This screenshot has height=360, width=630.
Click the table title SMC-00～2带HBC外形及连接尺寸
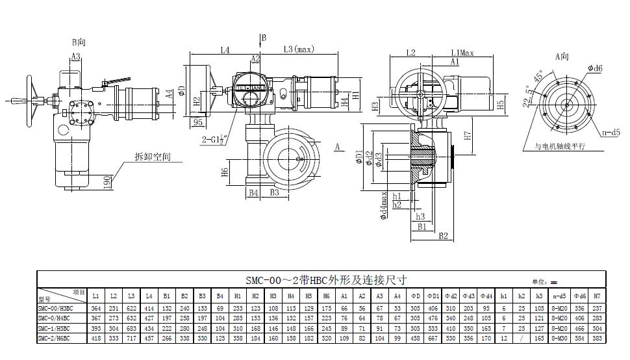click(x=325, y=281)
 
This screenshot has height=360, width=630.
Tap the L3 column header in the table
click(x=132, y=296)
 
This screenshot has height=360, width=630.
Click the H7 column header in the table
click(x=597, y=296)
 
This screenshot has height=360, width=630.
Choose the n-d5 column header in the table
click(x=556, y=296)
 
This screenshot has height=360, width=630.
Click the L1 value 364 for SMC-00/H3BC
click(x=96, y=308)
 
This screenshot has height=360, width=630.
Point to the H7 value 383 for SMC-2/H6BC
click(x=597, y=338)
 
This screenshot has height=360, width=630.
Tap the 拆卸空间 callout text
click(x=151, y=157)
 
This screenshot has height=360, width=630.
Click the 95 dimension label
click(x=197, y=122)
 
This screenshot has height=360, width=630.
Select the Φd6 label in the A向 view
click(x=595, y=68)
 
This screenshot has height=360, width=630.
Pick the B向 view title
click(x=79, y=42)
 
